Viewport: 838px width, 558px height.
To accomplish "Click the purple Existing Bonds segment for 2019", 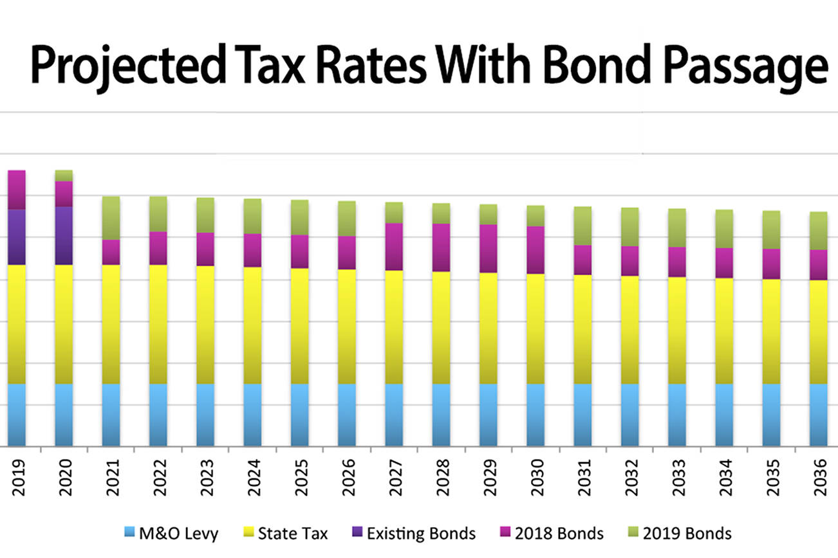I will pos(17,237).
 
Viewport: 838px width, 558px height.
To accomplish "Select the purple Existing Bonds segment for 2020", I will pos(64,235).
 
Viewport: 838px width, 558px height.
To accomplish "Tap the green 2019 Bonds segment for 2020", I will pos(64,175).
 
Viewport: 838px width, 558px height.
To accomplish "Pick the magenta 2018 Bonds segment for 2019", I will pos(17,190).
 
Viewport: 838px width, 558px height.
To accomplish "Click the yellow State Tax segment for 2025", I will pos(300,326).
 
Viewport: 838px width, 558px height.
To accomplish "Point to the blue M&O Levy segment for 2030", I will pos(536,415).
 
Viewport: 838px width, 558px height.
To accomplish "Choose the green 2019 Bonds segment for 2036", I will pos(819,231).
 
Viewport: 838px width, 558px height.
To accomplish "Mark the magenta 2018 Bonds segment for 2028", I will pos(442,248).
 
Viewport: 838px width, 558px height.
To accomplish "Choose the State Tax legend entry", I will pos(284,534).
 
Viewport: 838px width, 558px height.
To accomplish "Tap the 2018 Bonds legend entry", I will pos(551,534).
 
